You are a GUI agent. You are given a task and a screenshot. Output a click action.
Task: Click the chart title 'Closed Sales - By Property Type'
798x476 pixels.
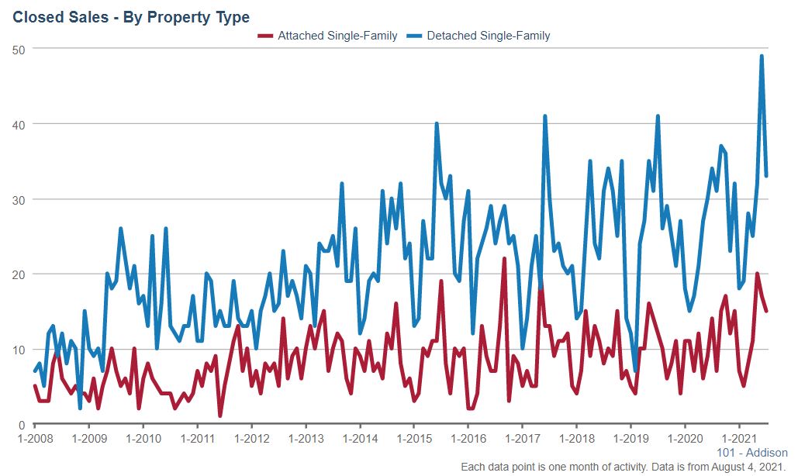pos(131,16)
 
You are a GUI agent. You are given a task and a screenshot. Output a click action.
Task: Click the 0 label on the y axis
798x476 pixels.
pos(22,425)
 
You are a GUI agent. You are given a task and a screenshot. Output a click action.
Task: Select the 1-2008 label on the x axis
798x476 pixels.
pos(35,439)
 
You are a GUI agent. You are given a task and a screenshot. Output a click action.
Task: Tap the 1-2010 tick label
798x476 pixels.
pos(143,439)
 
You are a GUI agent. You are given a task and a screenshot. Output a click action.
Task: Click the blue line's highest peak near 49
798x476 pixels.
pos(762,56)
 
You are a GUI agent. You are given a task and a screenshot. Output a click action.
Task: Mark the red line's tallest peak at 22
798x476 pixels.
pos(504,259)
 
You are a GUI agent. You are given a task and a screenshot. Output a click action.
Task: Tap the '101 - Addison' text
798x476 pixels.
pos(751,453)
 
